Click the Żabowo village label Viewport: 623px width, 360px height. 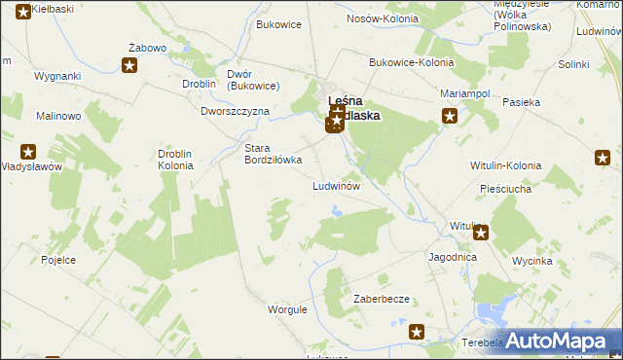pos(148,48)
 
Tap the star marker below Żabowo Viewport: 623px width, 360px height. pos(129,65)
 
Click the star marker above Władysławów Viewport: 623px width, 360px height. pos(28,152)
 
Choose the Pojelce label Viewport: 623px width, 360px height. pos(59,262)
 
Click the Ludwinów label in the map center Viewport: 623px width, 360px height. pos(337,186)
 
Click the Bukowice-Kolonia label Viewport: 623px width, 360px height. pos(412,62)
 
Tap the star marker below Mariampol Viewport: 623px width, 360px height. pos(450,117)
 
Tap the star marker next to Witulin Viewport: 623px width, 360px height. pos(480,234)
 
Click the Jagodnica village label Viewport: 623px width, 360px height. pos(452,258)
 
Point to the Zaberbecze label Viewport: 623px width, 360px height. pos(381,300)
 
